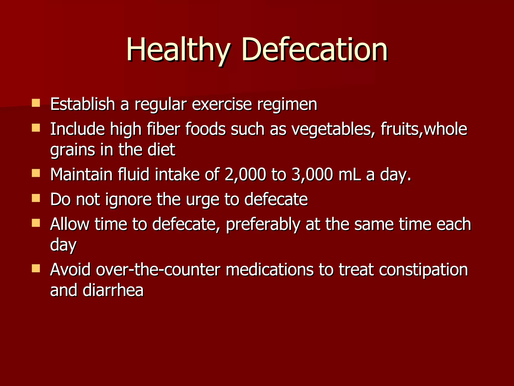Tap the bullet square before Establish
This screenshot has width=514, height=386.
click(x=36, y=103)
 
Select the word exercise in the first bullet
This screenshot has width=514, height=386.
click(x=222, y=104)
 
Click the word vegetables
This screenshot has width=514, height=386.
click(x=333, y=130)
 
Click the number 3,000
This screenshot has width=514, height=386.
click(x=312, y=174)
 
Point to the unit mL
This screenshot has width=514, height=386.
click(x=349, y=174)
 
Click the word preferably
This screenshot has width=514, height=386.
click(x=263, y=225)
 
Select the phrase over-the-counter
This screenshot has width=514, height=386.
click(x=158, y=270)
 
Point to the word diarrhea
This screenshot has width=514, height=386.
click(x=113, y=290)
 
